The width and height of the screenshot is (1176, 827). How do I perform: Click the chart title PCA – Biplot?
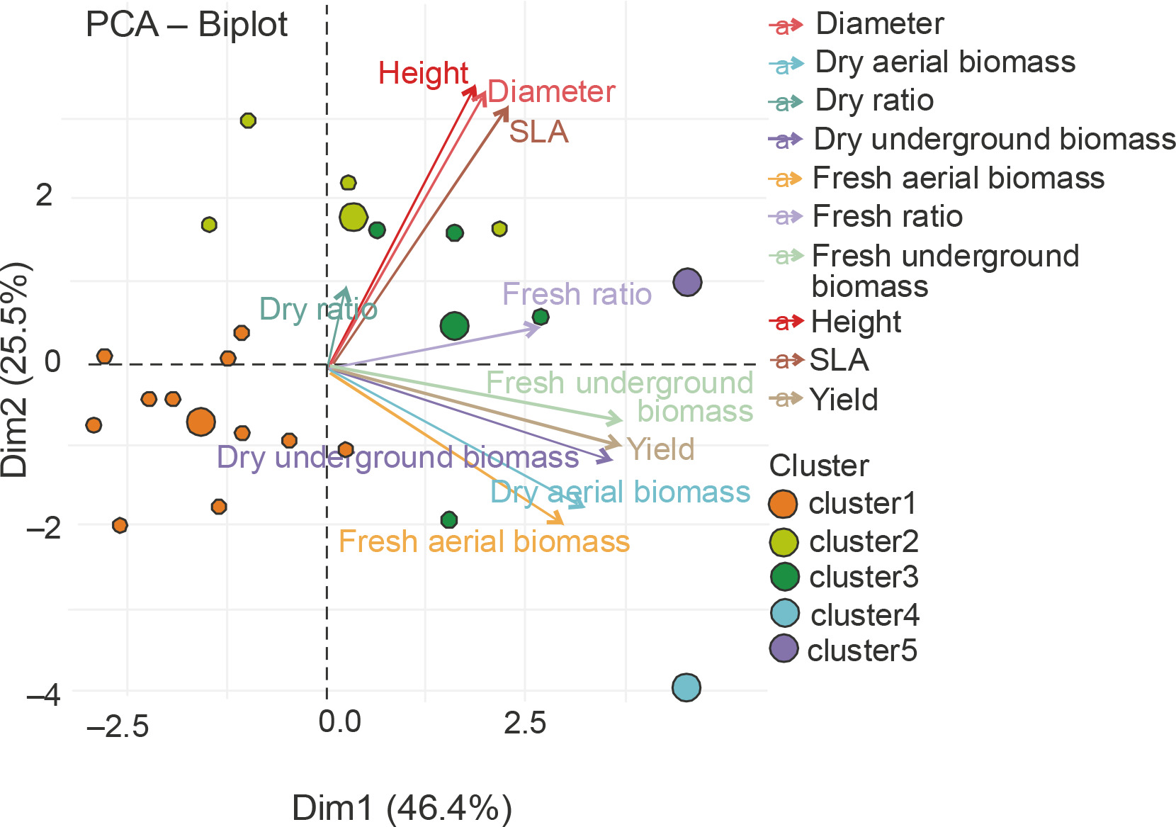click(186, 25)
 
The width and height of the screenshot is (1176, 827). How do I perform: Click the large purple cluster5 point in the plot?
click(687, 282)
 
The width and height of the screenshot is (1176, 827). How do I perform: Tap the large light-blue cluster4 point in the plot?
click(686, 687)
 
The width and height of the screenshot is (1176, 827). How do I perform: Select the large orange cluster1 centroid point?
click(201, 422)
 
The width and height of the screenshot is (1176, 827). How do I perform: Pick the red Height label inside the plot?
click(423, 73)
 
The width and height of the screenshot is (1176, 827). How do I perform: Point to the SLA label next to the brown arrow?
click(538, 133)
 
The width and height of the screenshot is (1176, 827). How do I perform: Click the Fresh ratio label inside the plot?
click(577, 294)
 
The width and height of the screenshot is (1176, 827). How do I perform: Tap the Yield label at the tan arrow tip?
click(661, 449)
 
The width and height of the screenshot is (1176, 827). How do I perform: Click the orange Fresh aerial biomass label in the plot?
click(484, 542)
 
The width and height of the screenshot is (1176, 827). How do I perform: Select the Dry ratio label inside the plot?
click(318, 309)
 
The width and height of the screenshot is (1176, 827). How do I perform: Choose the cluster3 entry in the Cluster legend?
click(864, 578)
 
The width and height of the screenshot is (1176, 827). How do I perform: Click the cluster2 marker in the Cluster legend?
click(784, 542)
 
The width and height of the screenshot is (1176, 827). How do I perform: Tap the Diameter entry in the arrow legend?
click(879, 24)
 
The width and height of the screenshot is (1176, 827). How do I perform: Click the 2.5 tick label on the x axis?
click(525, 723)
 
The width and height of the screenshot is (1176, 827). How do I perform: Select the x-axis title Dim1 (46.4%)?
click(402, 808)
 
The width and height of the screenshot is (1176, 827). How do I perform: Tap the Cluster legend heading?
click(819, 466)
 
